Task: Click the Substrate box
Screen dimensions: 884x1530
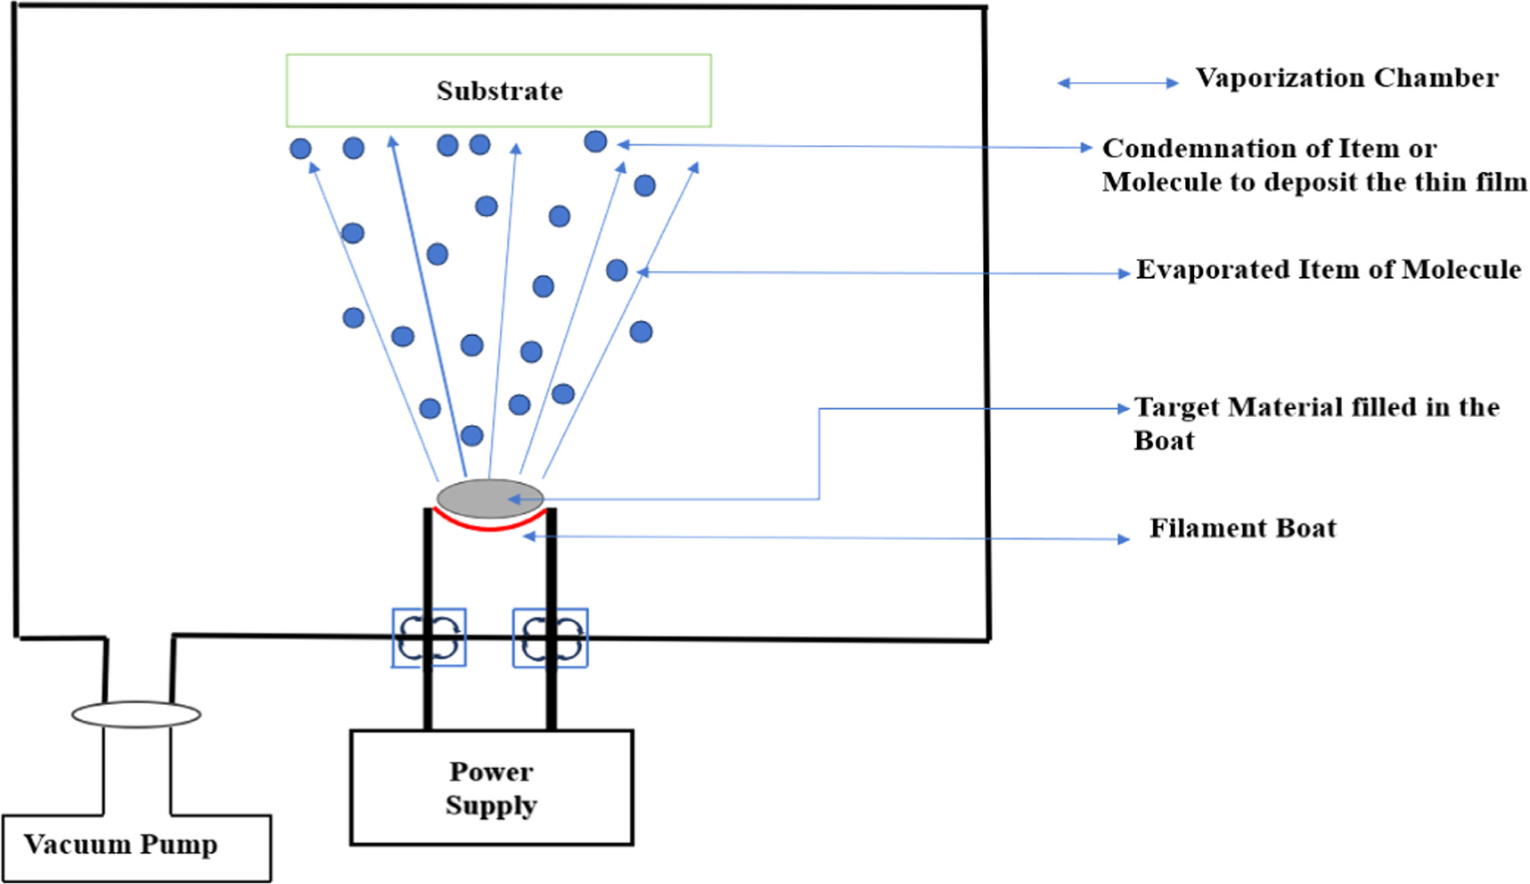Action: [x=498, y=90]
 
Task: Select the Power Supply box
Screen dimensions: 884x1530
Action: [x=491, y=788]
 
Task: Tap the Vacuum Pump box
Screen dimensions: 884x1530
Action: [x=135, y=847]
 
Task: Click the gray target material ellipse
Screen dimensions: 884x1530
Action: [x=489, y=498]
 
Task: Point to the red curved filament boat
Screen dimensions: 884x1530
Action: [x=489, y=527]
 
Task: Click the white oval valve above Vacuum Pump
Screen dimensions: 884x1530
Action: [x=135, y=715]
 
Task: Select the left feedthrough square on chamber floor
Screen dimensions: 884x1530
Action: [x=429, y=637]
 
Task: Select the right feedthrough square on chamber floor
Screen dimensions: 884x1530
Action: [x=550, y=637]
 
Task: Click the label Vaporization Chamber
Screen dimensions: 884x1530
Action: [x=1346, y=78]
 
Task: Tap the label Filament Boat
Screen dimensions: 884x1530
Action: [x=1242, y=528]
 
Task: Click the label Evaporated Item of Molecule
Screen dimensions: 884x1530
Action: [x=1328, y=270]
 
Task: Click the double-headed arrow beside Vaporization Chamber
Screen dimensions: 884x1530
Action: [x=1117, y=83]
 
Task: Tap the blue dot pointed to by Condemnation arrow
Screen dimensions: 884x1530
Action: [x=595, y=141]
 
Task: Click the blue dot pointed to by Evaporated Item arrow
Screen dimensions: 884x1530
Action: [x=617, y=270]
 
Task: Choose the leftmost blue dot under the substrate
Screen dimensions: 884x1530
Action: [x=300, y=149]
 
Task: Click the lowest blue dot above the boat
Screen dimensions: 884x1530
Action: [x=471, y=436]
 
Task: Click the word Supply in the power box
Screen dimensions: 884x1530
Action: [x=491, y=806]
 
